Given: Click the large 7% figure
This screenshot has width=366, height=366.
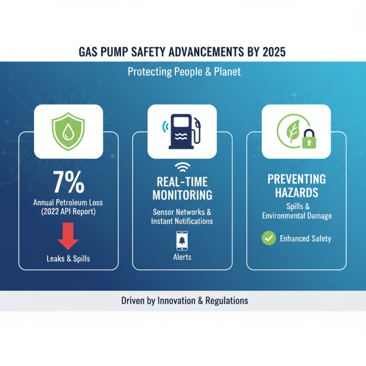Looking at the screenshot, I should pos(68,182).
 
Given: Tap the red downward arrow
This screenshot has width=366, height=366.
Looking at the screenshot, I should pos(68,237).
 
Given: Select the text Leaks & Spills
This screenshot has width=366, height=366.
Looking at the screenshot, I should pos(68,258).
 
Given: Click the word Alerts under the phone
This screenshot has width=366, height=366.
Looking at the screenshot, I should pos(182,257).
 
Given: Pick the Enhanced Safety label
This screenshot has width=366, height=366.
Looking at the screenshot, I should pos(305,238).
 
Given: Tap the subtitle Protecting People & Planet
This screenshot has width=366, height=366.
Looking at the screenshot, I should pos(184,72).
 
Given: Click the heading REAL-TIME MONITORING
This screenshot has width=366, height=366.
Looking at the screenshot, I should pos(182,188).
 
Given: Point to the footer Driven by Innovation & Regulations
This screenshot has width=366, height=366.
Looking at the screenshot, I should pos(184,301).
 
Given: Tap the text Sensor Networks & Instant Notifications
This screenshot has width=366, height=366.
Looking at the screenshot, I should pos(182,216).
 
